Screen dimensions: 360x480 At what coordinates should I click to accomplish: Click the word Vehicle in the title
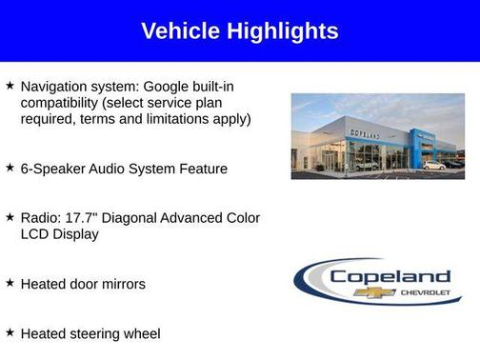click(x=180, y=31)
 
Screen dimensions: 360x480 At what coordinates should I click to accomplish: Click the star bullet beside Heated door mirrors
click(x=10, y=283)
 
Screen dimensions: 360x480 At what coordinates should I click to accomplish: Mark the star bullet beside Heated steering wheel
click(x=10, y=332)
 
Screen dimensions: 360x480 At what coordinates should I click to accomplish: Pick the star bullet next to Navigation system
click(x=10, y=86)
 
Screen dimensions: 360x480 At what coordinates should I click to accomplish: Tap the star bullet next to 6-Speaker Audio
click(x=10, y=168)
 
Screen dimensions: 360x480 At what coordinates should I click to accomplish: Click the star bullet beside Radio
click(x=10, y=217)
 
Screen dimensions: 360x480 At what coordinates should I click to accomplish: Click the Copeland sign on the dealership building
click(x=365, y=136)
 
